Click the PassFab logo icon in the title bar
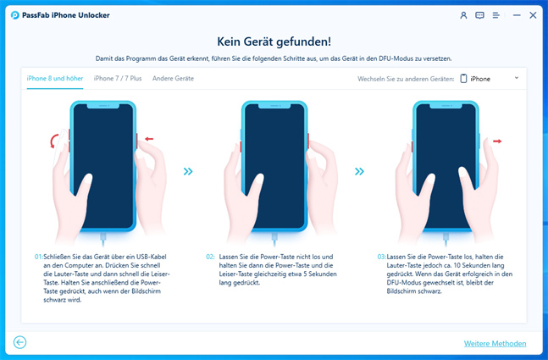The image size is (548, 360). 14,15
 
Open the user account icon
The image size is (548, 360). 463,15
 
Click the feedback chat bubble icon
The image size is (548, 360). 479,15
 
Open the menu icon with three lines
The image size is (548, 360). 496,15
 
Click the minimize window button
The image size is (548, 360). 517,15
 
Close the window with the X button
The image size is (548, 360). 533,15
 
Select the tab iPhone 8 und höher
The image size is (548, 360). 55,78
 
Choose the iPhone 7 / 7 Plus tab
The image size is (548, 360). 118,78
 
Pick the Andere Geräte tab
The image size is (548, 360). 173,78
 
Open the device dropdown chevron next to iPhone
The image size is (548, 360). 517,78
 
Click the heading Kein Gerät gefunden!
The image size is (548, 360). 274,42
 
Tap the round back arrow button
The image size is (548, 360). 20,342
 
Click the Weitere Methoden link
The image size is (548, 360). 495,344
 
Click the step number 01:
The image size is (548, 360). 38,257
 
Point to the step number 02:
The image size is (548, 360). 210,257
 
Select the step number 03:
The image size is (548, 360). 382,257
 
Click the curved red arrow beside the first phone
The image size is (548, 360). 53,141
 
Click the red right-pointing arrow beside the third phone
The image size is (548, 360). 497,141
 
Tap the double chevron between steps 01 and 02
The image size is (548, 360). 188,171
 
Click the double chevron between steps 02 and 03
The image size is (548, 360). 359,171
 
